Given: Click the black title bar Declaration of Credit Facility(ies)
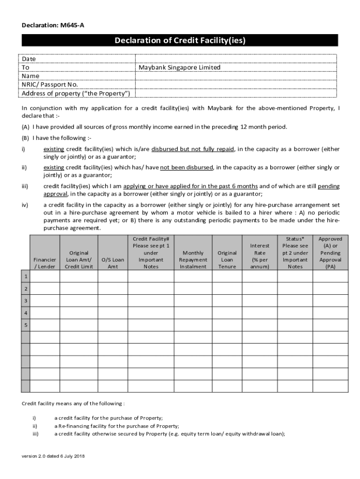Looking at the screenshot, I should point(180,41).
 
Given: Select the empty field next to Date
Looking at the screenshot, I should point(236,59).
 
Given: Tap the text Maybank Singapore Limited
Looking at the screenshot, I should point(180,67).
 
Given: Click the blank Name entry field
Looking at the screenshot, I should point(236,76).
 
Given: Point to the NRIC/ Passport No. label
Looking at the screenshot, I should point(50,85).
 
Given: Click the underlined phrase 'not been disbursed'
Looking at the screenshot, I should point(187,167).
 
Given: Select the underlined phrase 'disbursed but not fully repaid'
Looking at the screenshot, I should point(193,149).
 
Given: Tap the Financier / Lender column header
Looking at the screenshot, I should point(45,263).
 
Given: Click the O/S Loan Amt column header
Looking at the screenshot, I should point(113,263).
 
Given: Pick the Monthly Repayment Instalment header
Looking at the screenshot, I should point(193,260).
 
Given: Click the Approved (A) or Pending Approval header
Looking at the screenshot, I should point(330,253).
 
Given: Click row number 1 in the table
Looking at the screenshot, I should point(26,276).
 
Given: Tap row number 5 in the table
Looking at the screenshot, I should point(26,325).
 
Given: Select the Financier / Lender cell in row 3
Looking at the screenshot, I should point(45,301).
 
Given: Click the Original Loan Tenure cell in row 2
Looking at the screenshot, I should point(227,289).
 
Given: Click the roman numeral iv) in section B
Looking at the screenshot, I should point(25,205).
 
